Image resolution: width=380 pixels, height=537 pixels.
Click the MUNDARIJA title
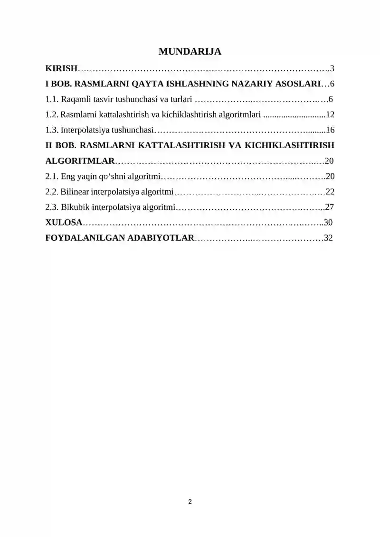click(190, 51)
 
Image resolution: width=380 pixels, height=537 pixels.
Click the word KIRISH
click(61, 69)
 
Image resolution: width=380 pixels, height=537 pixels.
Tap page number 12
click(331, 115)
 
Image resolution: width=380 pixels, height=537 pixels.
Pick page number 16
click(331, 130)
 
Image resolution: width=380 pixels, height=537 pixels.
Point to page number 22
click(331, 192)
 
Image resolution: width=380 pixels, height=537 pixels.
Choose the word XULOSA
click(64, 222)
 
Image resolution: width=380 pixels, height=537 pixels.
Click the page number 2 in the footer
click(190, 501)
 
